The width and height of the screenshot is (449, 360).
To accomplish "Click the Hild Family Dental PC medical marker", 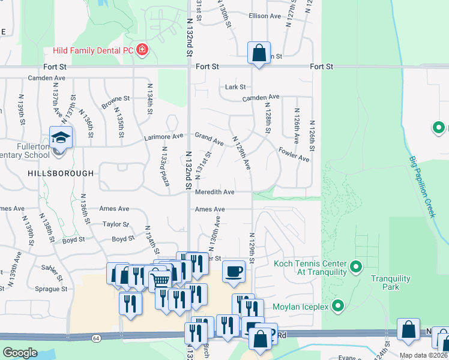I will pyautogui.click(x=142, y=49).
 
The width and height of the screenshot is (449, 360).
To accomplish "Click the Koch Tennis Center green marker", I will pyautogui.click(x=356, y=265).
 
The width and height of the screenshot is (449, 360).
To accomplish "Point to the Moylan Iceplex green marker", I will pyautogui.click(x=338, y=307).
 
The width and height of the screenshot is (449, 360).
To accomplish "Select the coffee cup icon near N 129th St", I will pyautogui.click(x=234, y=271).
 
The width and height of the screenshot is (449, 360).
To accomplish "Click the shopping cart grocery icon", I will pyautogui.click(x=160, y=278).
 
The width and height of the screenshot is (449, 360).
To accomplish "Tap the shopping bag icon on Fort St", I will pyautogui.click(x=259, y=53).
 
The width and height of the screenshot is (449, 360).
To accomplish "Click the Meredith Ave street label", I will pyautogui.click(x=214, y=192).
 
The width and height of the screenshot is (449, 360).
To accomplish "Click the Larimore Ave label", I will pyautogui.click(x=163, y=137).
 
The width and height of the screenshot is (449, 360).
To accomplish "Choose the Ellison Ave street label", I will pyautogui.click(x=265, y=16).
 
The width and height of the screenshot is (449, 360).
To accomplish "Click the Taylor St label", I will pyautogui.click(x=116, y=224).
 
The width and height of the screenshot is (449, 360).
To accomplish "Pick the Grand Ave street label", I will pyautogui.click(x=209, y=139).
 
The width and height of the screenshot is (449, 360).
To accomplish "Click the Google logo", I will pyautogui.click(x=20, y=352).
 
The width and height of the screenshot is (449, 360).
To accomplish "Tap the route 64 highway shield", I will pyautogui.click(x=96, y=338).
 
